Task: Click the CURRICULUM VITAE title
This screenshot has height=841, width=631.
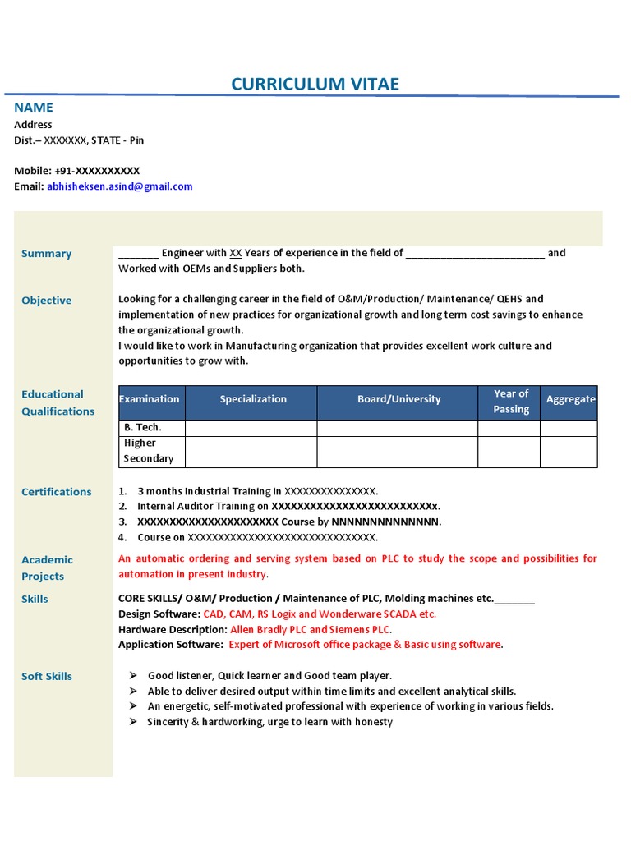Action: tap(315, 85)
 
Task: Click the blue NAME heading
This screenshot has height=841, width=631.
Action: tap(34, 108)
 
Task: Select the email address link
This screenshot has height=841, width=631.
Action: tap(120, 186)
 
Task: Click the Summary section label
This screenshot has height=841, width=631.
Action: tap(46, 254)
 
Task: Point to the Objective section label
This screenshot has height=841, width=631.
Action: tap(46, 301)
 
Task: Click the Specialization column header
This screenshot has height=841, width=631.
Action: tap(253, 399)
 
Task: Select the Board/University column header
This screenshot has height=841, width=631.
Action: tap(398, 399)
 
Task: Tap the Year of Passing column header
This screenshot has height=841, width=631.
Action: tap(510, 402)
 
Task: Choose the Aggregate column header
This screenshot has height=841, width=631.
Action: tap(570, 399)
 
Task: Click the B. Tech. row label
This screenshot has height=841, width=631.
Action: tap(142, 428)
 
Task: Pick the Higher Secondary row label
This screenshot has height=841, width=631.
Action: tap(148, 451)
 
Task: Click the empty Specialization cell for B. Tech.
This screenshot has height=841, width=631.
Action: tap(251, 428)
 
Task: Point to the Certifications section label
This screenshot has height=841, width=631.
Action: tap(56, 492)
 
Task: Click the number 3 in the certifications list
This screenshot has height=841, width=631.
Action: tap(122, 522)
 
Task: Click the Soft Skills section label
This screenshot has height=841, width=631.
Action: tap(47, 677)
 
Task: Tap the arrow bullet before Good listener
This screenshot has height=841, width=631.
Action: tap(133, 675)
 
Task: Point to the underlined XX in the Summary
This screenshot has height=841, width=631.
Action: tap(235, 253)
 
